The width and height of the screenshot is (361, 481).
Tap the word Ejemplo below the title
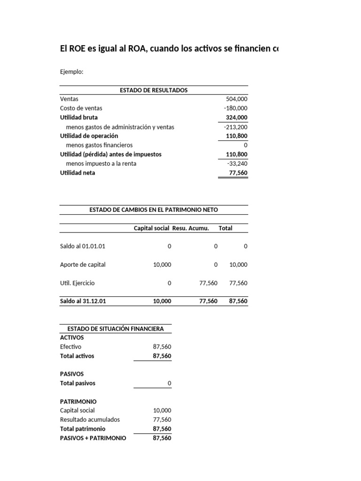[71, 72]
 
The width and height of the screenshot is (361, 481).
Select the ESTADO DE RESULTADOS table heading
[154, 90]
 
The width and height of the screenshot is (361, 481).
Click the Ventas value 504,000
[236, 99]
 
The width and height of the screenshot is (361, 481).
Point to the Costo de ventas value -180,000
[235, 108]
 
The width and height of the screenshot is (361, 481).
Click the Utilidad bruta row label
[79, 117]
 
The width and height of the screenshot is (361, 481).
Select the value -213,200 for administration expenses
[235, 127]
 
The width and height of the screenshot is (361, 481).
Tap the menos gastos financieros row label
[99, 145]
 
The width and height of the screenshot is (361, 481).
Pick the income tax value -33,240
[237, 163]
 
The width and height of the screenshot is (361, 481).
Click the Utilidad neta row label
[78, 173]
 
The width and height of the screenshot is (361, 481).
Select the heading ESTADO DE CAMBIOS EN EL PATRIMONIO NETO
[154, 210]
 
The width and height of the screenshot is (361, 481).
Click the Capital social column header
[151, 228]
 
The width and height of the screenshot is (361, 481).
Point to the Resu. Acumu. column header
[190, 228]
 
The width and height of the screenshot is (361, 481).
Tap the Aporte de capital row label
[83, 264]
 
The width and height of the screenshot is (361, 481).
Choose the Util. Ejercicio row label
[77, 283]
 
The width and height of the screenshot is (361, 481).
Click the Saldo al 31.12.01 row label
[83, 302]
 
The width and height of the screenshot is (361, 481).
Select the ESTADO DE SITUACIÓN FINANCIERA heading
[116, 328]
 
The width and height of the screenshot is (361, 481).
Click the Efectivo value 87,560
[162, 347]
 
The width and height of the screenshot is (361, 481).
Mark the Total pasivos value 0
[169, 383]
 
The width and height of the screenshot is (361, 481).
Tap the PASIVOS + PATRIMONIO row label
[93, 438]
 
